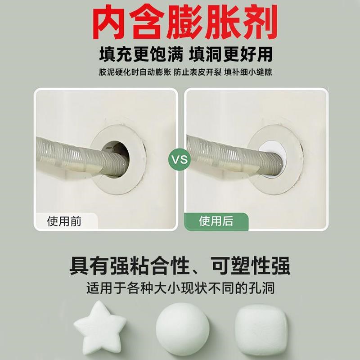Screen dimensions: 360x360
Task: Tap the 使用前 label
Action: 65,221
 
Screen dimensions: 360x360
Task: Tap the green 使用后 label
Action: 216,221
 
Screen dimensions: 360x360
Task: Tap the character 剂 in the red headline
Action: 258,21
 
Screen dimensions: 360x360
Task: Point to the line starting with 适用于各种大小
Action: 180,288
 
